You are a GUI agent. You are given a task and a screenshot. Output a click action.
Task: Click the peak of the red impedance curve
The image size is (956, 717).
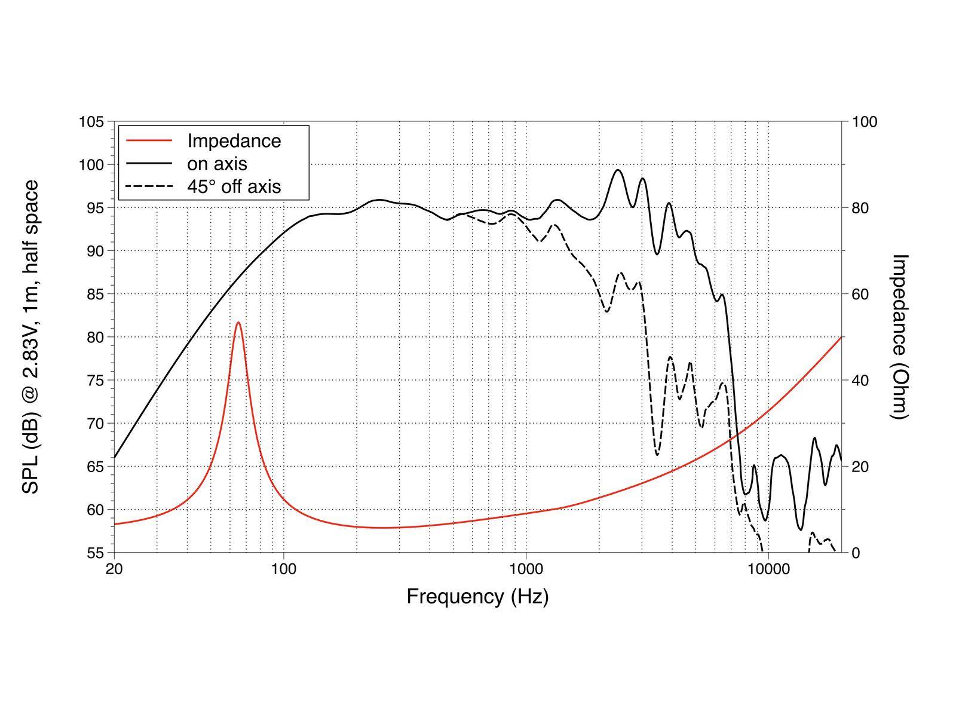[x=238, y=323]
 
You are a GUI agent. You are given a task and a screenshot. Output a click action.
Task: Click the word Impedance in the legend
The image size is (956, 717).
[x=234, y=141]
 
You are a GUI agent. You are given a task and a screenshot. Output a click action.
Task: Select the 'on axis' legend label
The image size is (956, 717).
[x=217, y=164]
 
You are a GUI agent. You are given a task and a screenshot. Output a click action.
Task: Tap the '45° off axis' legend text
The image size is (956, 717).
[x=234, y=186]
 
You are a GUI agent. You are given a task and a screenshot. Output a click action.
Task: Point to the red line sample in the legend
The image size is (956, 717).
[x=149, y=141]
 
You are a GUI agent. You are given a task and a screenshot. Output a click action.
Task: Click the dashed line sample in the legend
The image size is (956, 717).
[x=149, y=186]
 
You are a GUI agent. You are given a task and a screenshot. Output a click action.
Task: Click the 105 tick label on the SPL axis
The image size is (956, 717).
[x=91, y=122]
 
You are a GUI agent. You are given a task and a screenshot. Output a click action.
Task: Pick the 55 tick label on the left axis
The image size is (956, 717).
[x=95, y=553]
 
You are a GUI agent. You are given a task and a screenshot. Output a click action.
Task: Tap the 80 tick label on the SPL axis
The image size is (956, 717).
[x=95, y=338]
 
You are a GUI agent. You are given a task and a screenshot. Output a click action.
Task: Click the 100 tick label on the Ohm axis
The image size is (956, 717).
[x=865, y=122]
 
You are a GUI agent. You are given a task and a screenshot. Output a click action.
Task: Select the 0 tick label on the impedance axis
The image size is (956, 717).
[x=856, y=553]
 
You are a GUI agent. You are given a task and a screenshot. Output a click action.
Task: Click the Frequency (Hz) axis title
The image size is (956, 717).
[x=477, y=596]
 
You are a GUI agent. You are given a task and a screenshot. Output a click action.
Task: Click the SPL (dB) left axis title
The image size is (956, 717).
[x=30, y=337]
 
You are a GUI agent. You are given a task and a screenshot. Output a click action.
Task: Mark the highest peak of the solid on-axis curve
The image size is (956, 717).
[x=618, y=170]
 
